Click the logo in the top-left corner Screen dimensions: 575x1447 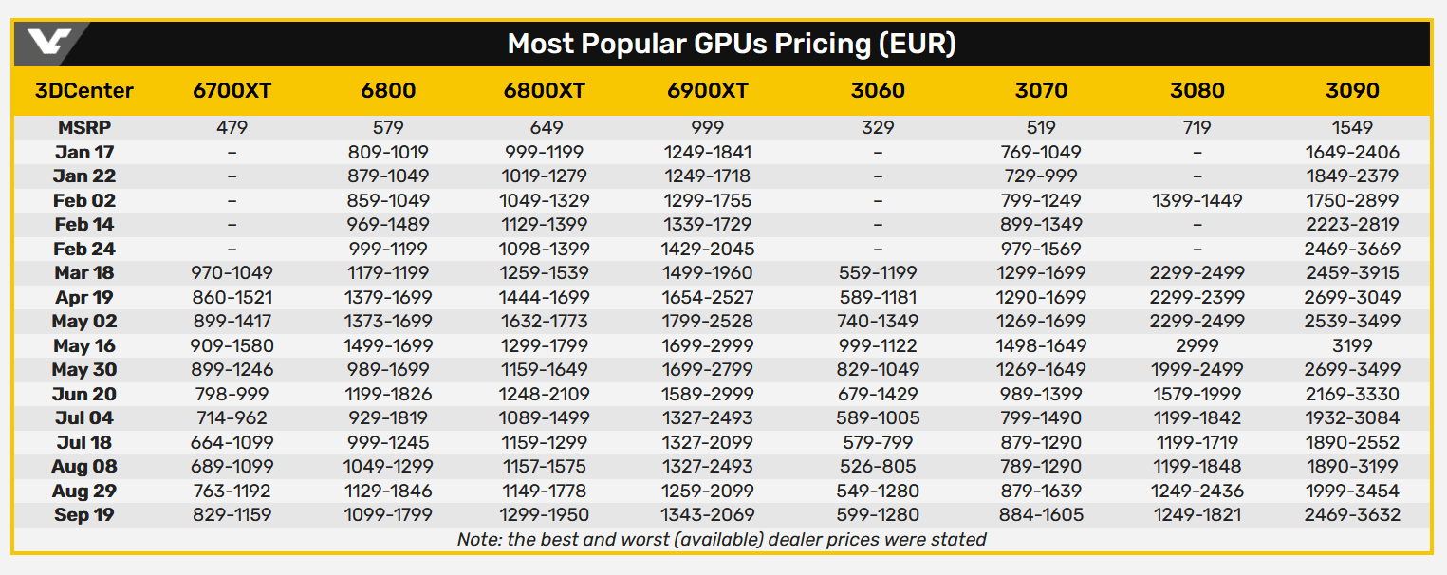coord(50,44)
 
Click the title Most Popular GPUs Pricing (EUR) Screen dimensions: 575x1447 coord(731,44)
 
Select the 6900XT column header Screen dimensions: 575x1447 coord(708,91)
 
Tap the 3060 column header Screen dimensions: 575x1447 coord(878,91)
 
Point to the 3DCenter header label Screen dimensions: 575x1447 coord(84,91)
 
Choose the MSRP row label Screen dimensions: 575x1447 coord(84,127)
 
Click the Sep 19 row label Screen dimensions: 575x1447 coord(84,515)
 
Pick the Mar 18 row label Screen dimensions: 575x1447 coord(84,272)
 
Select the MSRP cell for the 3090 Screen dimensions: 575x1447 coord(1352,127)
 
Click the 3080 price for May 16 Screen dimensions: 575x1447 coord(1197,345)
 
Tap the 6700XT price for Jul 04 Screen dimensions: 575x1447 coord(232,418)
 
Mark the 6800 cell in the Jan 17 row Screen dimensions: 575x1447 coord(389,152)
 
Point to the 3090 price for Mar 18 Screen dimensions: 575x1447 coord(1352,272)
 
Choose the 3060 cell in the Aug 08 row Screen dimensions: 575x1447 coord(878,467)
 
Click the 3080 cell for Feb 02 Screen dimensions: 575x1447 coord(1197,200)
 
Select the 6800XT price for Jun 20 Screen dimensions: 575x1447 coord(545,394)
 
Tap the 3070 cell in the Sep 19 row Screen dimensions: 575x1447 coord(1041,515)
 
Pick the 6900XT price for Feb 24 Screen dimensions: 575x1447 coord(708,249)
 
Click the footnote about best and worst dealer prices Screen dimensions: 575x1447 coord(721,540)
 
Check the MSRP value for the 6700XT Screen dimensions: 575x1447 coord(232,127)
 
